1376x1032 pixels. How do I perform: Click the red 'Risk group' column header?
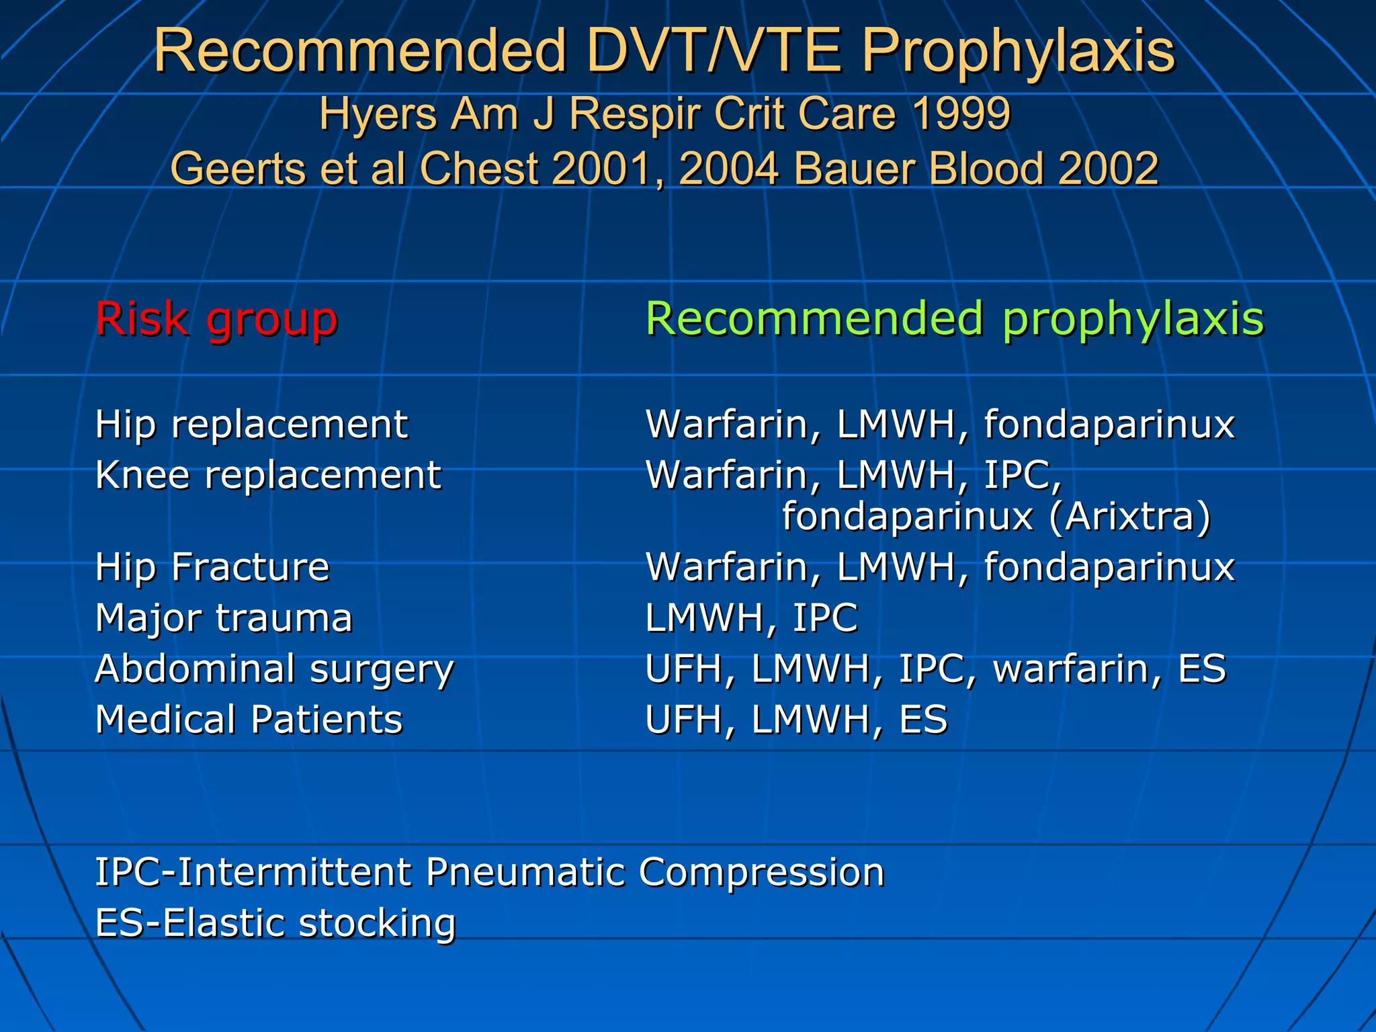(216, 319)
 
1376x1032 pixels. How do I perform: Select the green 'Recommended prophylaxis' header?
(954, 319)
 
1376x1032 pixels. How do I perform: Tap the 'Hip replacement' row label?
(251, 425)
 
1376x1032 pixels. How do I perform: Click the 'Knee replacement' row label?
(268, 475)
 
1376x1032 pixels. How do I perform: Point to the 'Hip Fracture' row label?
(212, 566)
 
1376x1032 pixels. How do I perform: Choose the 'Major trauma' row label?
(224, 617)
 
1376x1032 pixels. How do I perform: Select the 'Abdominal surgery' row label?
(274, 669)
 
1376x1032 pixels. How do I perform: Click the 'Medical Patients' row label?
(249, 720)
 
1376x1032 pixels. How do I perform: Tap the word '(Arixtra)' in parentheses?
(1129, 517)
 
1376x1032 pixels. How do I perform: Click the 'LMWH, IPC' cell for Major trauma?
(751, 617)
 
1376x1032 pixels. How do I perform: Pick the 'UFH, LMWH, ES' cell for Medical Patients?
(796, 720)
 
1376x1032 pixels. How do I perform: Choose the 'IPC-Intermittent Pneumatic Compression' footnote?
(489, 872)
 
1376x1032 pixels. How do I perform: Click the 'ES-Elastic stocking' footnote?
(275, 923)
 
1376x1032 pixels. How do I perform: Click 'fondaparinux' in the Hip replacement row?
(1109, 425)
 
